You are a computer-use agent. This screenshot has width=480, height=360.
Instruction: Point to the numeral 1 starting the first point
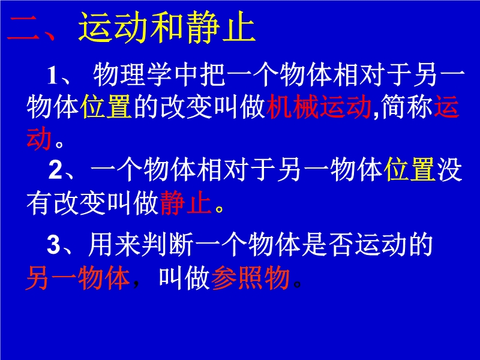(52, 76)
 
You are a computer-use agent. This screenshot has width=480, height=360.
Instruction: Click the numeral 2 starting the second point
(55, 170)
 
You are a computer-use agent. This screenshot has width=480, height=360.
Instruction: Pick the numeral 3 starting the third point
(53, 245)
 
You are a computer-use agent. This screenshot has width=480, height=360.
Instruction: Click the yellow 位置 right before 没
(410, 169)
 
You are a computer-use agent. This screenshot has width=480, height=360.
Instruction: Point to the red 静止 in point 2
(186, 202)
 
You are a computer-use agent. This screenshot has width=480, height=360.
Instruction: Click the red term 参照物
(250, 278)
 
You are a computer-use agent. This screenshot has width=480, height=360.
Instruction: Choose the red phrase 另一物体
(79, 278)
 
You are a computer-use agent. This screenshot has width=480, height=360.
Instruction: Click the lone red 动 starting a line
(39, 139)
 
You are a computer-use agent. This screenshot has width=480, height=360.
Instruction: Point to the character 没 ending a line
(449, 169)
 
